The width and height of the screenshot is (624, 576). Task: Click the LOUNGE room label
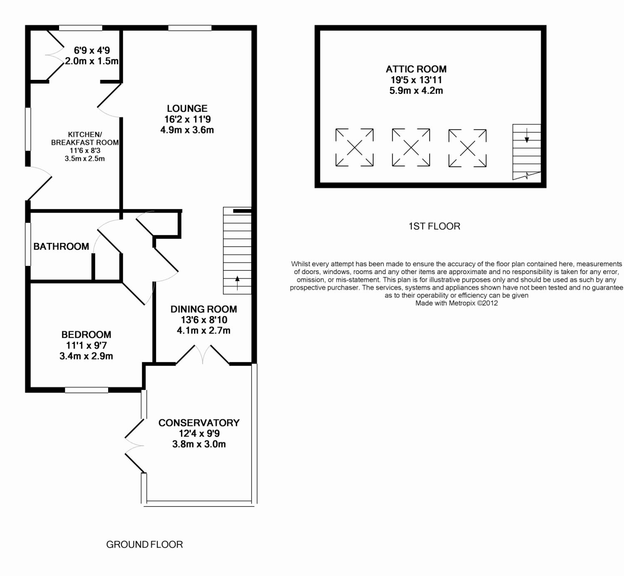pos(187,109)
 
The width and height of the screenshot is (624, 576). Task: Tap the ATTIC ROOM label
pos(416,69)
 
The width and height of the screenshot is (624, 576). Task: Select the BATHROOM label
pos(61,247)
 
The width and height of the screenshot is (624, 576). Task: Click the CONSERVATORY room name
pos(199,423)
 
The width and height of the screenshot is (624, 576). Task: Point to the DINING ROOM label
pos(203,309)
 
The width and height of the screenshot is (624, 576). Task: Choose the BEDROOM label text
pos(86,335)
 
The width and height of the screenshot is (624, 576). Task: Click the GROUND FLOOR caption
pos(144,544)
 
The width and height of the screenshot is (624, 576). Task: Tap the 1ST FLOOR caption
pos(434,226)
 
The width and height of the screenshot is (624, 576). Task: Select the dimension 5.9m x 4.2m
pos(416,91)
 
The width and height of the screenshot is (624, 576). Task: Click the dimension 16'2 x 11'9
pos(187,119)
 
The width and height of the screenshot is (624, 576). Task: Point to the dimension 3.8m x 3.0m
pos(199,444)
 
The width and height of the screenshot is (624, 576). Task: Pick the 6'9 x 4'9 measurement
pos(92,51)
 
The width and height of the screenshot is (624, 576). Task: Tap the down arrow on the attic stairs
pos(527,136)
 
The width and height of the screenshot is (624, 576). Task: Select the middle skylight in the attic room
pos(411,148)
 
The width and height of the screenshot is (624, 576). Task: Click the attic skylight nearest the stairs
pos(468,148)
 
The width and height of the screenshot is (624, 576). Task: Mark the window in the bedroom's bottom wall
pos(87,390)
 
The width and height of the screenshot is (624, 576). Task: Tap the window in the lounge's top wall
pos(190,28)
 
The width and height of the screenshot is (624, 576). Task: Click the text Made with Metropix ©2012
pos(456,303)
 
